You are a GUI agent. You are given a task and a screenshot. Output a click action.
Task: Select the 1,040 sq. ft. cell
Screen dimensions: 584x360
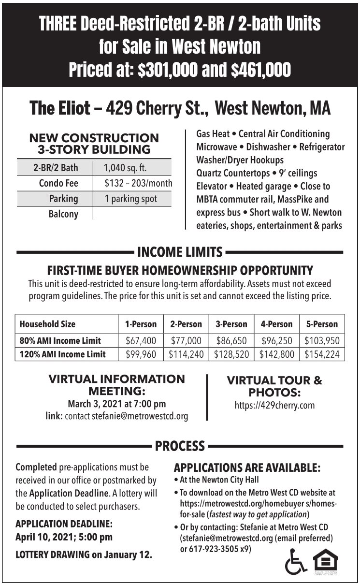(125, 168)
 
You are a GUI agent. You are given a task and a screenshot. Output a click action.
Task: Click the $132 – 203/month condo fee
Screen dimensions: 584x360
(138, 184)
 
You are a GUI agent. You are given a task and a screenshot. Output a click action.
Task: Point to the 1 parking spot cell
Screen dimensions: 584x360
(130, 199)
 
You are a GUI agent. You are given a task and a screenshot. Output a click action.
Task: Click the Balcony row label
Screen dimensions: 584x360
(63, 214)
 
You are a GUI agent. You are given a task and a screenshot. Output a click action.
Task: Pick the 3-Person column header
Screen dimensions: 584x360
(231, 324)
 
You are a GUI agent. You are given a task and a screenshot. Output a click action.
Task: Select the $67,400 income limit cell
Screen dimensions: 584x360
(141, 340)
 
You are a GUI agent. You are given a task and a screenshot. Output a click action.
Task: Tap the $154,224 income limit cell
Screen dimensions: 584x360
(321, 354)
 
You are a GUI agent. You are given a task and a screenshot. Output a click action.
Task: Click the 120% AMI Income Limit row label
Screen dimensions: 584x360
(62, 354)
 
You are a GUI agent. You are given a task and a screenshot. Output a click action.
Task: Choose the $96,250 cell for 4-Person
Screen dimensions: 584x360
(277, 340)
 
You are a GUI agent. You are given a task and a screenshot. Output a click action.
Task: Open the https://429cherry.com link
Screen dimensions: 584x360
(274, 405)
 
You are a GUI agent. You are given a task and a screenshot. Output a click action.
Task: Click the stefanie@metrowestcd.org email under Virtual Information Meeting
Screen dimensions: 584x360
(140, 416)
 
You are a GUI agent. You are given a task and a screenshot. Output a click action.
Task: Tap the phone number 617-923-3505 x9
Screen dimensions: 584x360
(220, 549)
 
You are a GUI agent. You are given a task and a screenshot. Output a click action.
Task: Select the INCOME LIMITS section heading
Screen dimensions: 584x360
(180, 252)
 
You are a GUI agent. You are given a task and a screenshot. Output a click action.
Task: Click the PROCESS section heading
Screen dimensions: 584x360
(180, 445)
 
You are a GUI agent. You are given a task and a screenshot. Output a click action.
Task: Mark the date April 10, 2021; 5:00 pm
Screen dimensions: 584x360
(64, 537)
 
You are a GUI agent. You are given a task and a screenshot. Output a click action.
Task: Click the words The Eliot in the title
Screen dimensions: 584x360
(60, 108)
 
